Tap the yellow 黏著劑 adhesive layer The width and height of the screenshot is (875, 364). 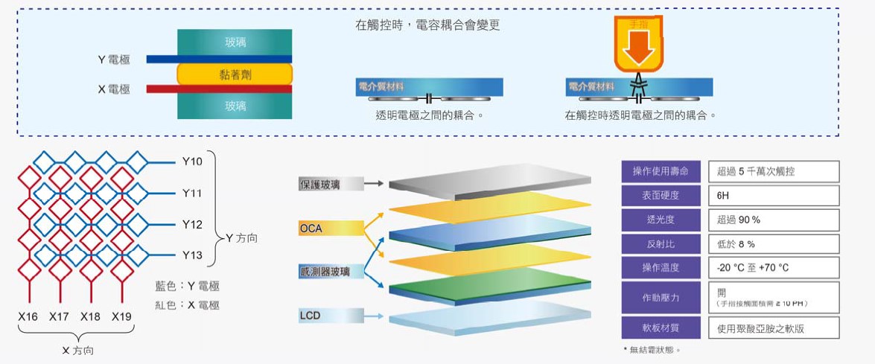tap(235, 74)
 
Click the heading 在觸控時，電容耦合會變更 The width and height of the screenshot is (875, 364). tap(427, 25)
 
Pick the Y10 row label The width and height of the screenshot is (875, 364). tap(191, 162)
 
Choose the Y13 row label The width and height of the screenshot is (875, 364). tap(191, 255)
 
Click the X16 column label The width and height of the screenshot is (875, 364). tap(28, 317)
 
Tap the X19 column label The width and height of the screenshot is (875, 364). tap(121, 317)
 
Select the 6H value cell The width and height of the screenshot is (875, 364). tap(773, 196)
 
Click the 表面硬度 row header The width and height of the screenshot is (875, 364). tap(661, 196)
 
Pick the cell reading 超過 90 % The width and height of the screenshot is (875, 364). tap(773, 220)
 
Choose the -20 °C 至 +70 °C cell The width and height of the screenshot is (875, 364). tap(773, 267)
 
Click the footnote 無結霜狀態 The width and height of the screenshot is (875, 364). tap(653, 350)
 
